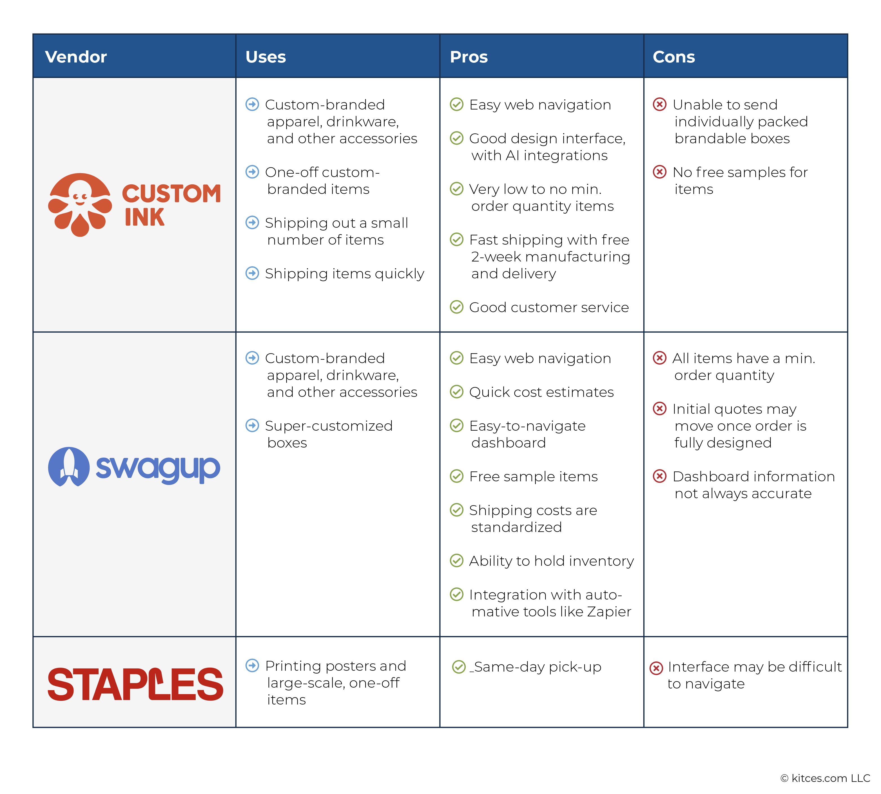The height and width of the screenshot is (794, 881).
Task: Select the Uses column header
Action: pos(266,57)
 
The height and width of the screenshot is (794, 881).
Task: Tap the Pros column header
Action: pos(469,57)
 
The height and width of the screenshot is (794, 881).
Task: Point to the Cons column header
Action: pos(673,57)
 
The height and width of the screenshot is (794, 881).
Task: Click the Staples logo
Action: pos(135,684)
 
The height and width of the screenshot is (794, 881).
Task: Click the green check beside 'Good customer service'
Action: pos(456,307)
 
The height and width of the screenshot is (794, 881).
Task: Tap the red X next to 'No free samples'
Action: pos(659,172)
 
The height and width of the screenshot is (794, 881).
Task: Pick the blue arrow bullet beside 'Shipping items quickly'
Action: pos(252,273)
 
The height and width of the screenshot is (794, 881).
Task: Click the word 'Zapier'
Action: pos(609,612)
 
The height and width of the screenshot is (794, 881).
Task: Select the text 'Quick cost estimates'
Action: pos(541,392)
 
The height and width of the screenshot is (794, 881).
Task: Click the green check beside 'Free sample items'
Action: pos(456,476)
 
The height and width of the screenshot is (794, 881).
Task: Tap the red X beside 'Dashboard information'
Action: pos(659,476)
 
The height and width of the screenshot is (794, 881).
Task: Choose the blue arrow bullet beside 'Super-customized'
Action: pos(252,425)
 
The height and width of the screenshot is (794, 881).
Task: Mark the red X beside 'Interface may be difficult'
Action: pos(656,668)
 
